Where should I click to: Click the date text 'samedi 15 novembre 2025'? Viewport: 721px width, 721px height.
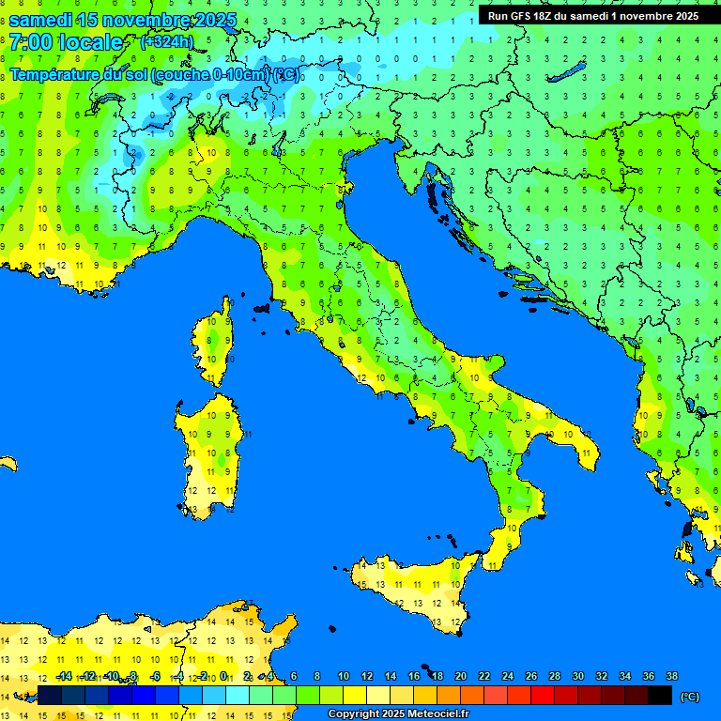(122, 20)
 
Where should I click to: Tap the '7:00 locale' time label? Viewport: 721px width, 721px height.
(66, 42)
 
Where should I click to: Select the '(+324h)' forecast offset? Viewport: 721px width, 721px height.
(166, 41)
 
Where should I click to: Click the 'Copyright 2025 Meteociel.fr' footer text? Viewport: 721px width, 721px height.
(398, 714)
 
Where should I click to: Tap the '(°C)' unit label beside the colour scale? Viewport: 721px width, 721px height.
(689, 697)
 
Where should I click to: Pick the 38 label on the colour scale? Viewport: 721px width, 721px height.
(671, 677)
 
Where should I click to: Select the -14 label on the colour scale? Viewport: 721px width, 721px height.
(63, 677)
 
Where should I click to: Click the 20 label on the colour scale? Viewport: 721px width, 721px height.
(460, 677)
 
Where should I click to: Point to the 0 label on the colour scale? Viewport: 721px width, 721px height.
(225, 677)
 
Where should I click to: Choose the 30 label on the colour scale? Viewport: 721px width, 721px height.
(577, 677)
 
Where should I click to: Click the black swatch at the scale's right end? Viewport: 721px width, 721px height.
(660, 696)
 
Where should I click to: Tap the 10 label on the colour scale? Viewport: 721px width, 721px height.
(343, 677)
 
